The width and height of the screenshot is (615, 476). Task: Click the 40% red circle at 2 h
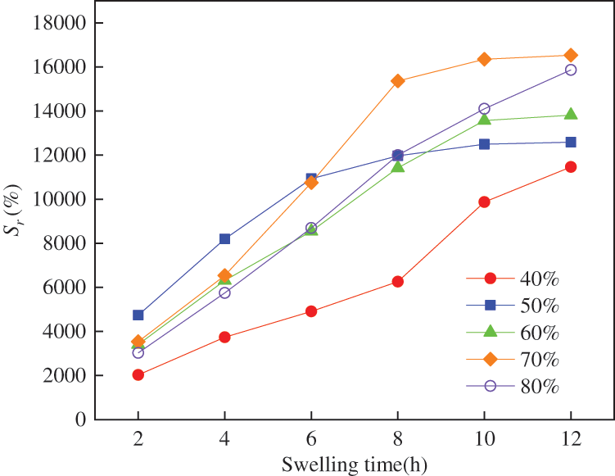coord(138,375)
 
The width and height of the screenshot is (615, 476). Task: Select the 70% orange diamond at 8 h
coord(398,81)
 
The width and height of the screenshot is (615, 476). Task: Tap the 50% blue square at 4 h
coord(224,239)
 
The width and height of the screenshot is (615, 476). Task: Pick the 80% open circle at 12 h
coord(571,70)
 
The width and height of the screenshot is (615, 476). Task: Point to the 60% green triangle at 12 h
coord(571,115)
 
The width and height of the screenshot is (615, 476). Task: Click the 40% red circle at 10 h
coord(485,202)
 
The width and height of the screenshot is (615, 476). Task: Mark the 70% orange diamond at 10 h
coord(485,59)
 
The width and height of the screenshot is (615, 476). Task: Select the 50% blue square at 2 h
coord(138,315)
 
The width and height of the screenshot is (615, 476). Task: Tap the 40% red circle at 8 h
coord(398,282)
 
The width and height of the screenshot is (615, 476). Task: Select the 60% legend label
coord(539,332)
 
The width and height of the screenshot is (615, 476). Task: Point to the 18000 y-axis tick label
coord(59,23)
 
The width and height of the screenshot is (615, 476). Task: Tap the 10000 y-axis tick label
coord(59,200)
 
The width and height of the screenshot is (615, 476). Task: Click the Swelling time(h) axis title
coord(354,465)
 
